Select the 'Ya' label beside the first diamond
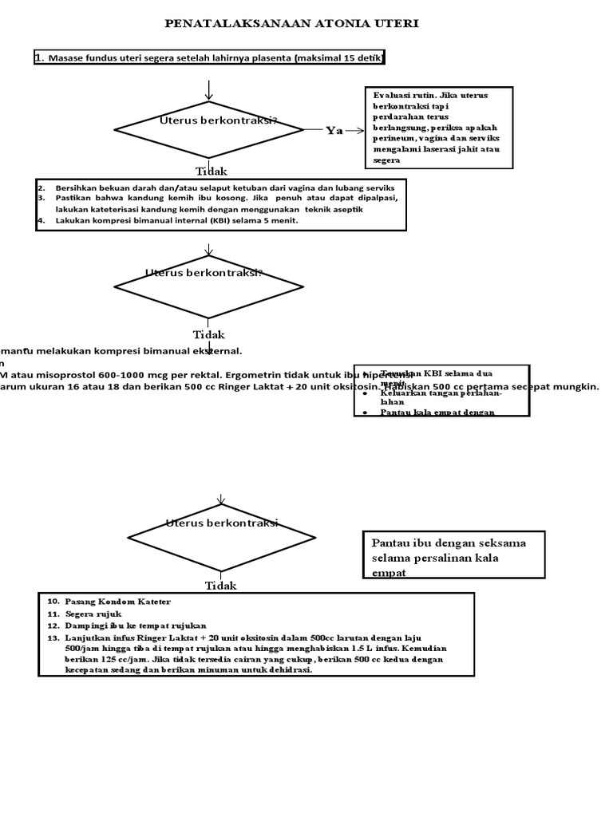(334, 131)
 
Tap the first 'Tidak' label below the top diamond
(212, 172)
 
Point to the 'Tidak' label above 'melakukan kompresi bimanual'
(209, 335)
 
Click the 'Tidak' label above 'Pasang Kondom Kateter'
(221, 586)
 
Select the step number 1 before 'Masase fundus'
(39, 57)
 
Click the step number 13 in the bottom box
(53, 638)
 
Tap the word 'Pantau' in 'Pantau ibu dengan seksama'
(390, 543)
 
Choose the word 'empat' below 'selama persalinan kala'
(389, 573)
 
